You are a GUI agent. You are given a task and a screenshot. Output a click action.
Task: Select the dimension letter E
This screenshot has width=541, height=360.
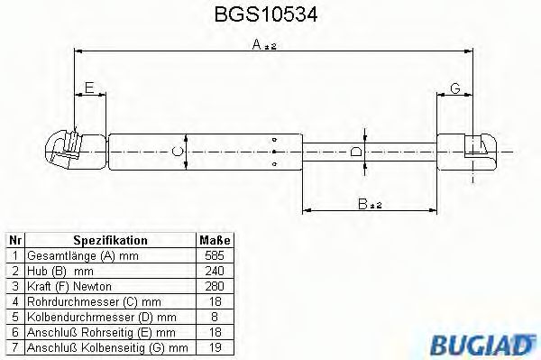[88, 87]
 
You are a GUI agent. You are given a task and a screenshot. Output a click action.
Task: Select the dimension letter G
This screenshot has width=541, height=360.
[455, 87]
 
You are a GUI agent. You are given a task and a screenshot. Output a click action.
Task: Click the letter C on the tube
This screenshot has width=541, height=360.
[178, 150]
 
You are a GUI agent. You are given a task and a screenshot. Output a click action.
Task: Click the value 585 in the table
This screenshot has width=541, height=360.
[214, 255]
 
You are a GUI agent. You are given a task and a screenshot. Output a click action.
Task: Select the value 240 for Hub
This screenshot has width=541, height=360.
[214, 270]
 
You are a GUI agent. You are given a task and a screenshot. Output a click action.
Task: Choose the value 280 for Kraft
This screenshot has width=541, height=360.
[214, 284]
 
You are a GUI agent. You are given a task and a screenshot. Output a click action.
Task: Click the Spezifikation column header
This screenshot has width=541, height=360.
[110, 241]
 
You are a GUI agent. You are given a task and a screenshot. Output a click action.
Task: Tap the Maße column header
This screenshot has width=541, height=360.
[214, 241]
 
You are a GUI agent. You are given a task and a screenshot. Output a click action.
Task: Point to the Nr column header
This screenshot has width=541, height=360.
[14, 241]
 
